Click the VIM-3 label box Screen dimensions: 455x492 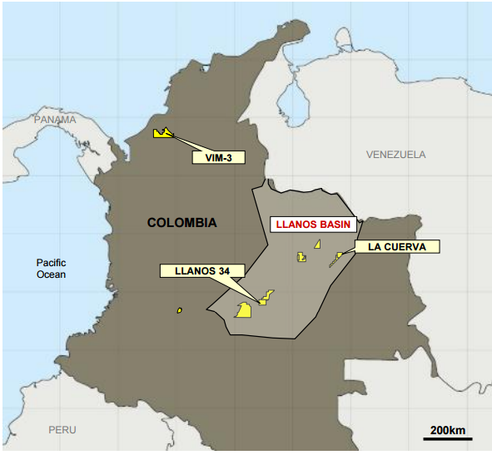point(211,156)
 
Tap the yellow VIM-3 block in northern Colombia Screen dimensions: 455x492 point(162,133)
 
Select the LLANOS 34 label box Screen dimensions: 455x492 point(201,270)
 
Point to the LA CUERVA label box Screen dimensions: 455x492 point(396,246)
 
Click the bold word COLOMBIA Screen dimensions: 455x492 point(181,222)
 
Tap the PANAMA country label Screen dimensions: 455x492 point(55,120)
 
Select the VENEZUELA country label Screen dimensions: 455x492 point(395,155)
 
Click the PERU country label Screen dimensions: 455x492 point(62,430)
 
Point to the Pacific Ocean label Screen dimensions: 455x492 point(51,268)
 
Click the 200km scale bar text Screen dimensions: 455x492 point(447,429)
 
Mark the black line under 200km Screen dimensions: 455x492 point(447,438)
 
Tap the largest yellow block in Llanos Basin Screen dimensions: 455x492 point(245,310)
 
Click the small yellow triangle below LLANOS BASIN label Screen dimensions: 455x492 point(317,243)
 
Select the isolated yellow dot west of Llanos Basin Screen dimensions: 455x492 point(179,310)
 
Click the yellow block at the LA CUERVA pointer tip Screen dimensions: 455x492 point(339,255)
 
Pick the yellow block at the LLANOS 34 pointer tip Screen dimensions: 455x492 point(263,300)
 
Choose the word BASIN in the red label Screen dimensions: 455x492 point(336,225)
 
